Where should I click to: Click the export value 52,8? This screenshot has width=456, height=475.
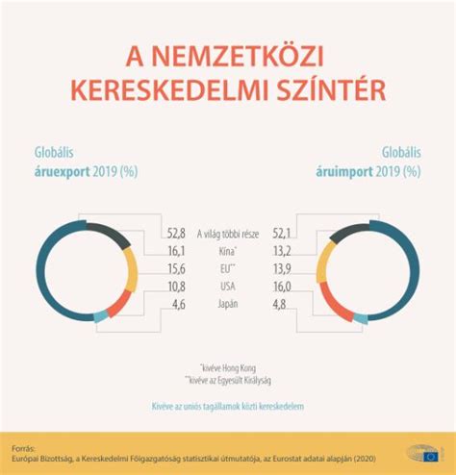tap(176, 232)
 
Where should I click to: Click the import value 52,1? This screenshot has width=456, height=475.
tap(281, 232)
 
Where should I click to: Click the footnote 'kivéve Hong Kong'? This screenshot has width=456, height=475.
tap(228, 366)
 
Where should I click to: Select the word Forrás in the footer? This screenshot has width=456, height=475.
tap(24, 447)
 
